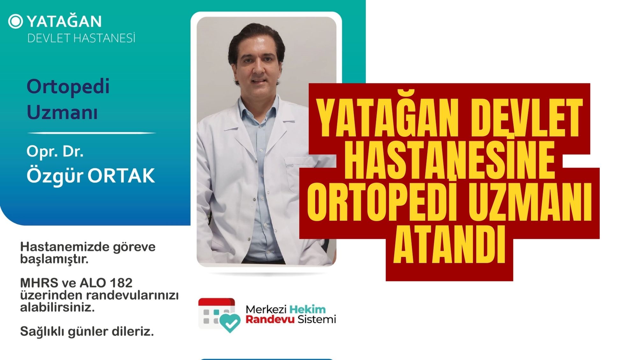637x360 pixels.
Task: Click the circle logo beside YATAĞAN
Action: click(15, 21)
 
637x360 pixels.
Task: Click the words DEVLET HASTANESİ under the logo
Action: click(81, 39)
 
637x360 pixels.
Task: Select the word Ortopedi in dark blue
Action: click(68, 87)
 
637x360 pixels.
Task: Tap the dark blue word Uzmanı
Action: click(62, 112)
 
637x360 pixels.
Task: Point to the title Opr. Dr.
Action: click(55, 152)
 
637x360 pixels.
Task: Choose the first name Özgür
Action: click(55, 176)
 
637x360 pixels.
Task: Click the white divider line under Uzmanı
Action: click(92, 133)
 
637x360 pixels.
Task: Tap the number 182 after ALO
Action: click(121, 283)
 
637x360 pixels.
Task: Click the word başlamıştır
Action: click(54, 259)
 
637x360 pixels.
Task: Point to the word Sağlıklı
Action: click(42, 332)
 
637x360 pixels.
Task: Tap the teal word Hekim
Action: click(307, 309)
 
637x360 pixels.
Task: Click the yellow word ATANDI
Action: click(449, 245)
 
